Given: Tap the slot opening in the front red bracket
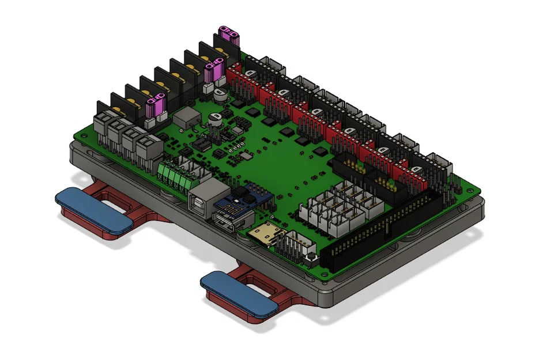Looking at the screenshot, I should pyautogui.click(x=262, y=285).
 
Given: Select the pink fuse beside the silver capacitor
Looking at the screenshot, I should pyautogui.click(x=214, y=73).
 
